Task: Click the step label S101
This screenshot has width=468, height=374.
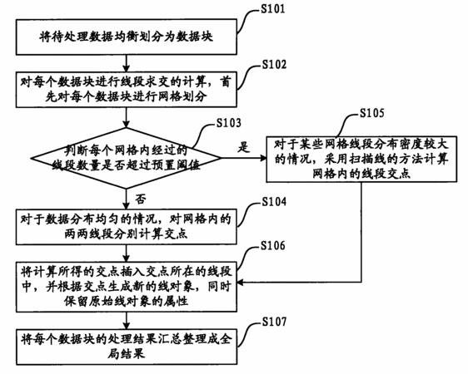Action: pos(273,9)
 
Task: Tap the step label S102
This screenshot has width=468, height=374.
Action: pos(274,65)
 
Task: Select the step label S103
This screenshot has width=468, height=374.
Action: pos(229,123)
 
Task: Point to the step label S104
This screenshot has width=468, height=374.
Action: pos(274,202)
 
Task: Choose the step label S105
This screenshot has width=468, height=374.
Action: pos(372,113)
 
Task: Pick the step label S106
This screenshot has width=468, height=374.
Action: pos(273,245)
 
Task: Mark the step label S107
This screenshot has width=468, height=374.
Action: pos(274,322)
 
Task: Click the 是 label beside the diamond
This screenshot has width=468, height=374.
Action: pos(243,147)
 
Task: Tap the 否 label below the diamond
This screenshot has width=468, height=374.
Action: pos(141,199)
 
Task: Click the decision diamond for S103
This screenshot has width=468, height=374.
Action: pos(127,158)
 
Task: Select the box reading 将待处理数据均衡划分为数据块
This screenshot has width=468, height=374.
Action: pos(127,37)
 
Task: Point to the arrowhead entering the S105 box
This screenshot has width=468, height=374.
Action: pos(263,158)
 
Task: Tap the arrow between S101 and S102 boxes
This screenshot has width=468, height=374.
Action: pos(127,63)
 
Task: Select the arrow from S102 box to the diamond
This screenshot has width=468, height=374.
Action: pos(127,118)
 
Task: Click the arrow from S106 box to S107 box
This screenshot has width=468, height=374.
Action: pos(127,321)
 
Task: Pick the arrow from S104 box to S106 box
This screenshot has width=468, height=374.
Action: pos(127,253)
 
